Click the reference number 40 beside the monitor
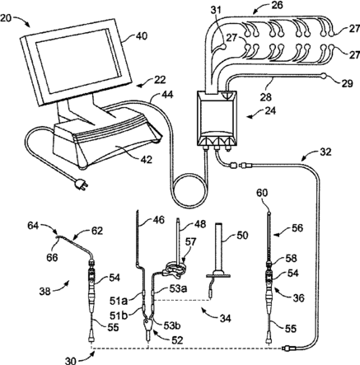pyautogui.click(x=141, y=36)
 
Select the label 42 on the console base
pyautogui.click(x=146, y=159)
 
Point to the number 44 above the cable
pyautogui.click(x=167, y=95)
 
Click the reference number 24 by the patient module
pyautogui.click(x=270, y=111)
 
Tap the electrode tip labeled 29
pyautogui.click(x=324, y=75)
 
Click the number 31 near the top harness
pyautogui.click(x=217, y=10)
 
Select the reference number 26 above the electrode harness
pyautogui.click(x=277, y=5)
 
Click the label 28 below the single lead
pyautogui.click(x=266, y=96)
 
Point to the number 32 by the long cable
pyautogui.click(x=325, y=152)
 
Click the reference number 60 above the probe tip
pyautogui.click(x=262, y=193)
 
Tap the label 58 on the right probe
pyautogui.click(x=291, y=258)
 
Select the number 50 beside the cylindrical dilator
pyautogui.click(x=241, y=235)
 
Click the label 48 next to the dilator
pyautogui.click(x=199, y=224)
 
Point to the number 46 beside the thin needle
pyautogui.click(x=158, y=219)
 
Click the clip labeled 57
pyautogui.click(x=175, y=269)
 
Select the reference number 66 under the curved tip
pyautogui.click(x=52, y=257)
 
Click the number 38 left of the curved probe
pyautogui.click(x=44, y=291)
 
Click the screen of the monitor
pyautogui.click(x=78, y=61)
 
